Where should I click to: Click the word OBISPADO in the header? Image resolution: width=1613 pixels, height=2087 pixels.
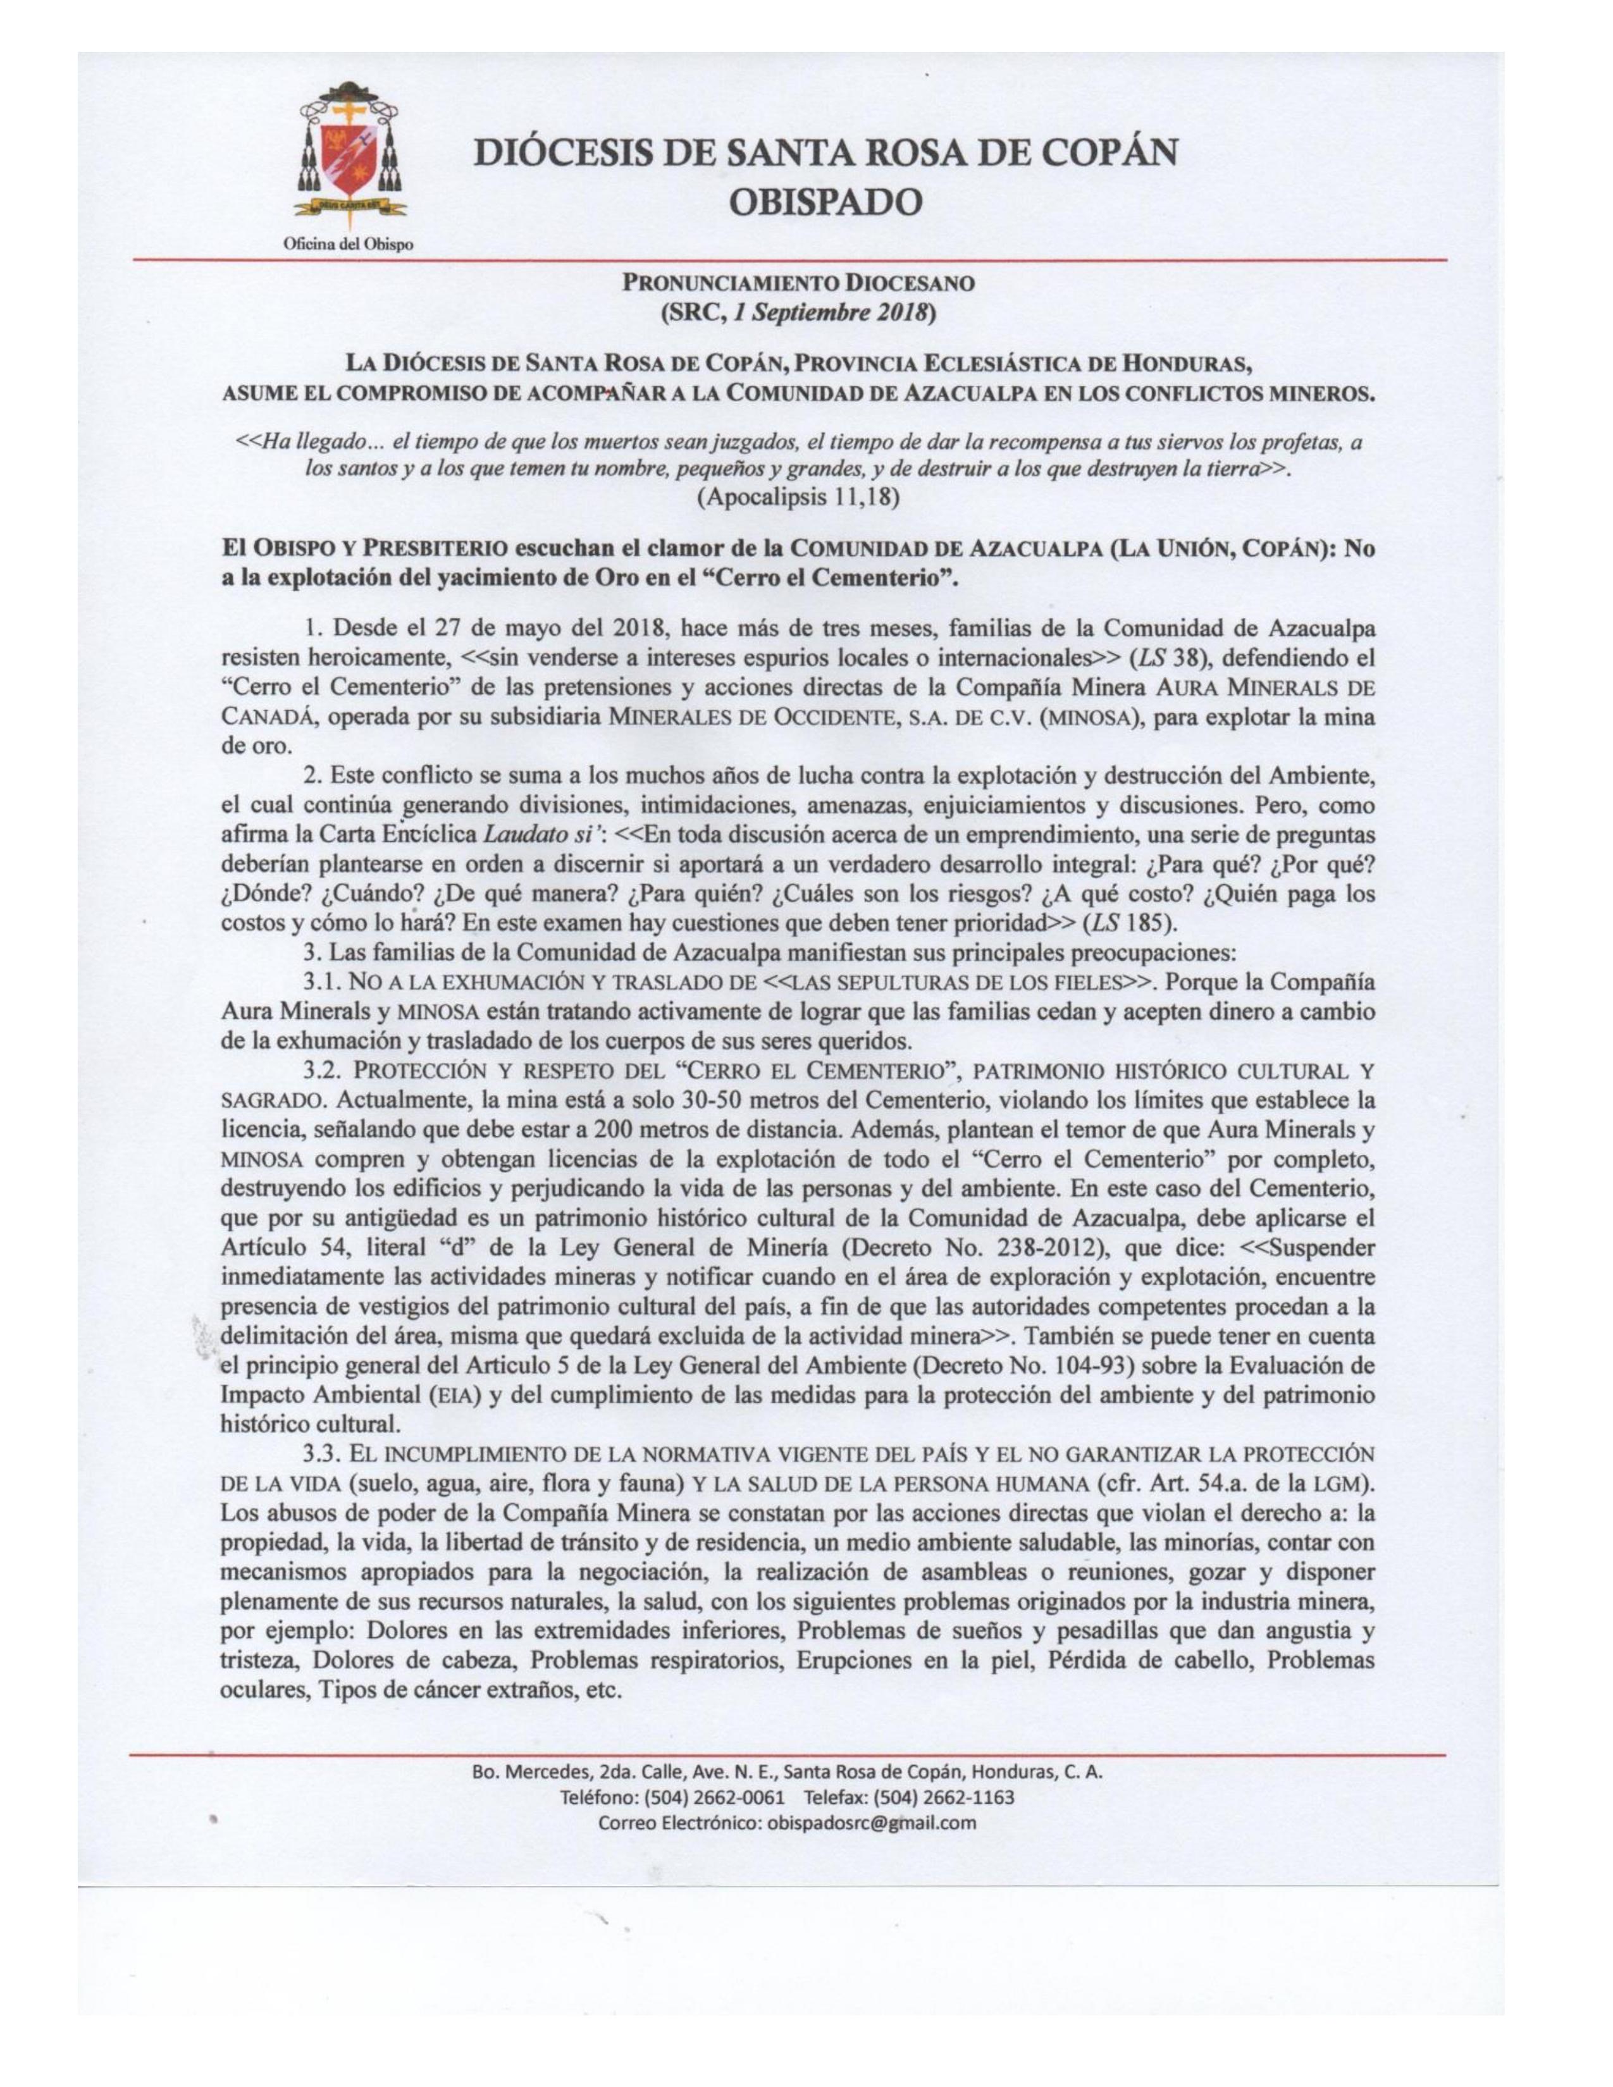(825, 202)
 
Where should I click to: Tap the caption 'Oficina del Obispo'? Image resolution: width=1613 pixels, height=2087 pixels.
(349, 245)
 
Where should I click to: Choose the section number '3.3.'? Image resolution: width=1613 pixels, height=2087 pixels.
(323, 1455)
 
